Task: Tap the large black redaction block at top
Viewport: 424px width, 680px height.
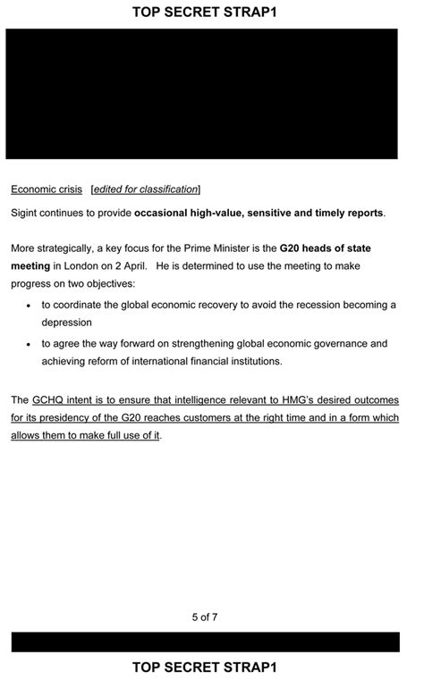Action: click(201, 93)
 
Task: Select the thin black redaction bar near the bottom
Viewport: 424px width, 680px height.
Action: click(205, 642)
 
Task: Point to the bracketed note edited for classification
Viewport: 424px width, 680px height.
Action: click(146, 189)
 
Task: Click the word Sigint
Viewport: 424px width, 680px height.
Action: click(27, 213)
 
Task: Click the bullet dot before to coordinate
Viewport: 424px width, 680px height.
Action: click(29, 306)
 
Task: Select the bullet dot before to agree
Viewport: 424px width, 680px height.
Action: click(29, 344)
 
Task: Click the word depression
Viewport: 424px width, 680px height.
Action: click(67, 322)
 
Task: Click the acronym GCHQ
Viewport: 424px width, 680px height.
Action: click(50, 399)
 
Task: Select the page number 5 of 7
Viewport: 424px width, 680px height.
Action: click(205, 617)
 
